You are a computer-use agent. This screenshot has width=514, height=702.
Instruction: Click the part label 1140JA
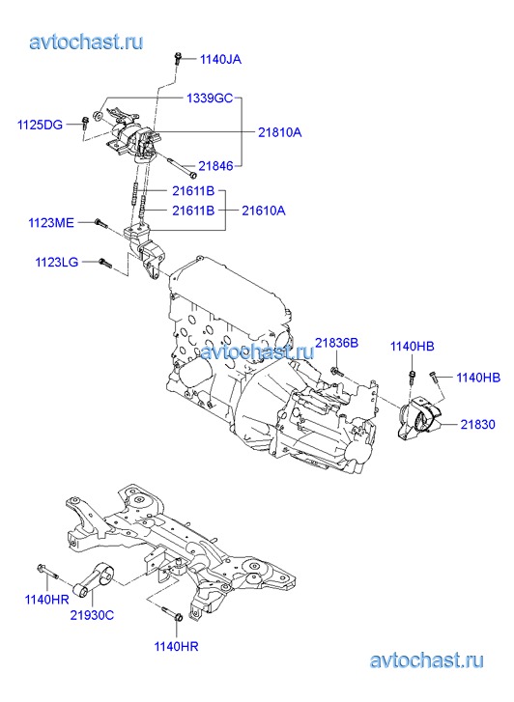coord(220,59)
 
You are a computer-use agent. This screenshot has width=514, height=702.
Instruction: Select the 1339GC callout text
coord(210,98)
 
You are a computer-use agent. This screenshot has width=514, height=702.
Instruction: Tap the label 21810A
coord(279,132)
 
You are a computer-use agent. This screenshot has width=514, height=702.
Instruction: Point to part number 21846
coord(215,166)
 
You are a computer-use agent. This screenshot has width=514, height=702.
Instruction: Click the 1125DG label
coord(40,125)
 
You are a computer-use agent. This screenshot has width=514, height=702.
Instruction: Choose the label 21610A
coord(264,211)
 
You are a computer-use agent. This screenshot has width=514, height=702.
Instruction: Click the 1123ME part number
coord(51,222)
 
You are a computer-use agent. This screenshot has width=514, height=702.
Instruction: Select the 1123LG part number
coord(57,262)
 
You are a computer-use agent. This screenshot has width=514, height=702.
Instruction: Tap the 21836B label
coord(336,343)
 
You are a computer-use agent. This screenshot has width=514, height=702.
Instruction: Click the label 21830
coord(477,424)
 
